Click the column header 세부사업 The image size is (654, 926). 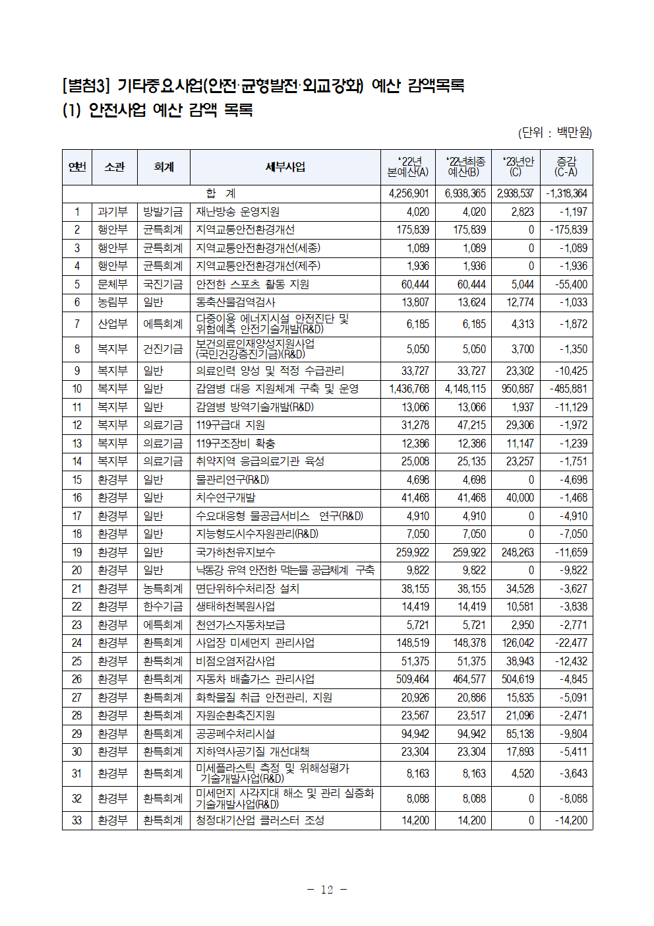(x=285, y=167)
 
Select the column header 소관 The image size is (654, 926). (x=115, y=167)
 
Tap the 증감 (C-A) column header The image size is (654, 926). (x=566, y=167)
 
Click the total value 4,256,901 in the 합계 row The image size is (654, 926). (x=409, y=193)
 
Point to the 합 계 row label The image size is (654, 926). (x=221, y=193)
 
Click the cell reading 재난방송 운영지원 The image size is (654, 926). (x=238, y=212)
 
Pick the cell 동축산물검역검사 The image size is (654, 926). (x=235, y=302)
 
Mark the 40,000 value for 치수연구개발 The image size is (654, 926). (x=520, y=498)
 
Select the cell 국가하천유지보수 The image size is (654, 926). (x=235, y=552)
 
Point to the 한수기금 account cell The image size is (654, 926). (x=163, y=607)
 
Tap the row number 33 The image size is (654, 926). (x=77, y=820)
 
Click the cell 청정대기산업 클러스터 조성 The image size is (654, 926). (x=260, y=820)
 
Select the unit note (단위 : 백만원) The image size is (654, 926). (x=554, y=133)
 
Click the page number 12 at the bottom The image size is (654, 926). (x=327, y=890)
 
